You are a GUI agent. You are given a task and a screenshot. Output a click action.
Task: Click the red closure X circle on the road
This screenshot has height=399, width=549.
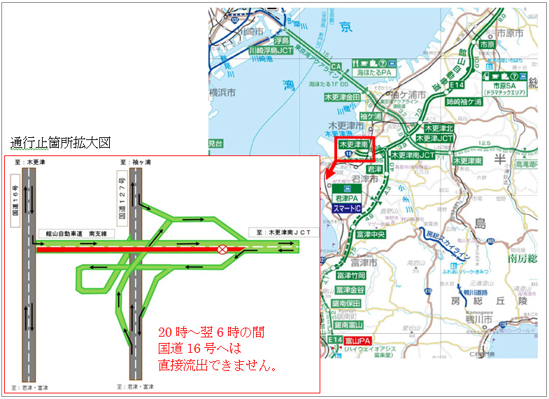(222, 248)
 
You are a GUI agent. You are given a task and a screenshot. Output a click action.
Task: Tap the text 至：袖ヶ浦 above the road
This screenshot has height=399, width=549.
(132, 162)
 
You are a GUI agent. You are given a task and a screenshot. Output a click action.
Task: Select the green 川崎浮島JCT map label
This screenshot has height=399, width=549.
(271, 51)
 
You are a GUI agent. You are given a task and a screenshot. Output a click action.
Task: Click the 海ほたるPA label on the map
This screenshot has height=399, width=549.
(371, 72)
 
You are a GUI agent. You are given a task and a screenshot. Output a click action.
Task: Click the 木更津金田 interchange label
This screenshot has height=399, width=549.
(342, 97)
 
